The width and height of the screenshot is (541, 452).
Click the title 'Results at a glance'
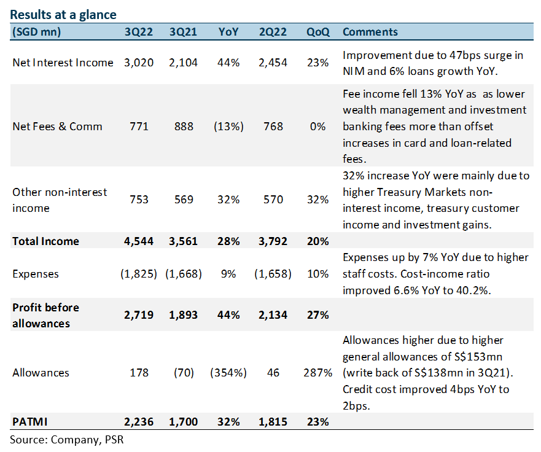tap(63, 15)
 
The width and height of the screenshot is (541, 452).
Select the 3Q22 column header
tap(139, 32)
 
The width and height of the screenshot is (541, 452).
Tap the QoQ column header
tap(317, 32)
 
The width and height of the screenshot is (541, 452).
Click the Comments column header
tap(370, 32)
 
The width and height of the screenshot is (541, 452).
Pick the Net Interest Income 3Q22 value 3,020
tap(139, 63)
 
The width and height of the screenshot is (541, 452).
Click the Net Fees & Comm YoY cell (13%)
tap(228, 127)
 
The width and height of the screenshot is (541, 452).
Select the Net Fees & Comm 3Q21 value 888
tap(184, 127)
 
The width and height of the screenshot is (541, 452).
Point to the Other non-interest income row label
tap(60, 200)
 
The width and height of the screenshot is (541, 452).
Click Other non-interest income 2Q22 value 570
tap(273, 200)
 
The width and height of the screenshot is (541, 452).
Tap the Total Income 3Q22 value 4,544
tap(139, 241)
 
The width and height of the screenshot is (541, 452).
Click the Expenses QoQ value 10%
tap(317, 274)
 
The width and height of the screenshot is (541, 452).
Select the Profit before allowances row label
tap(46, 316)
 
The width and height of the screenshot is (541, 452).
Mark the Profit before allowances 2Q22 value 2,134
tap(273, 315)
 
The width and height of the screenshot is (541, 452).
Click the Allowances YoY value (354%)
tap(228, 373)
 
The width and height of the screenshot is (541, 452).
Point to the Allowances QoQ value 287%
tap(317, 373)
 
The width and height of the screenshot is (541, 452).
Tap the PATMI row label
tap(29, 422)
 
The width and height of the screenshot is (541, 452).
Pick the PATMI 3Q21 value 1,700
tap(183, 422)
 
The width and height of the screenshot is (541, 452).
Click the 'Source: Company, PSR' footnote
tap(66, 440)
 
